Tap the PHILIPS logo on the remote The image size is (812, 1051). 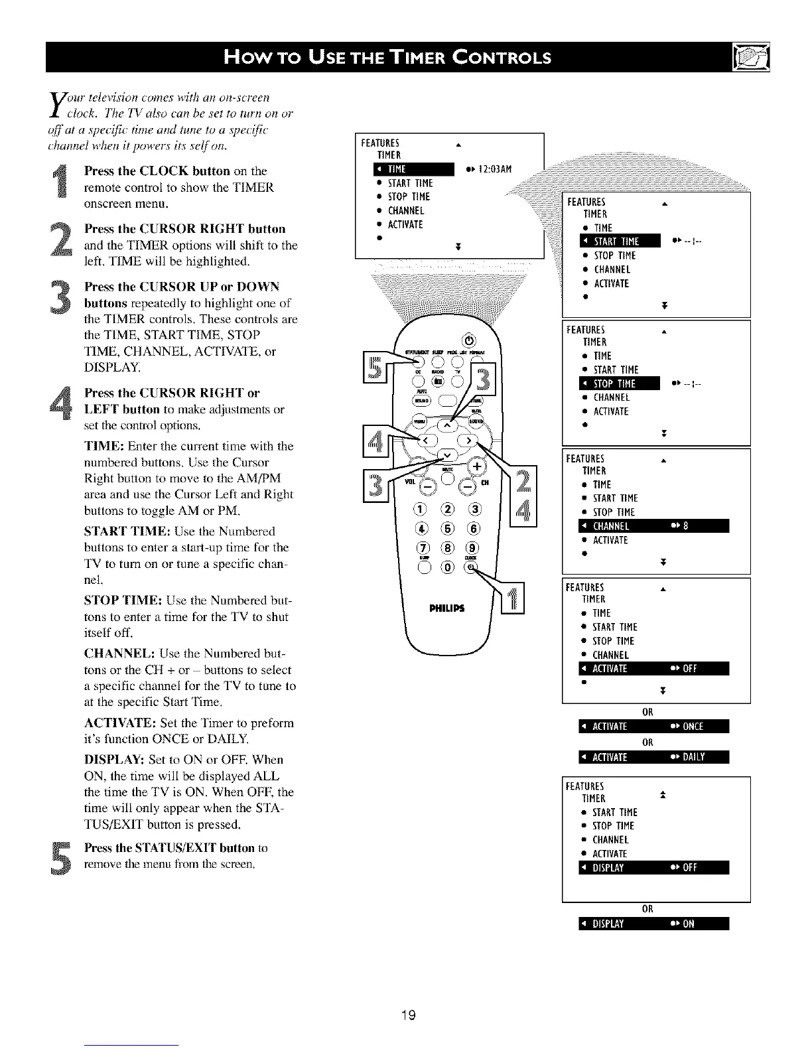[x=446, y=608]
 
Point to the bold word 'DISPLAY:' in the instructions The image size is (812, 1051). [x=114, y=759]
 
